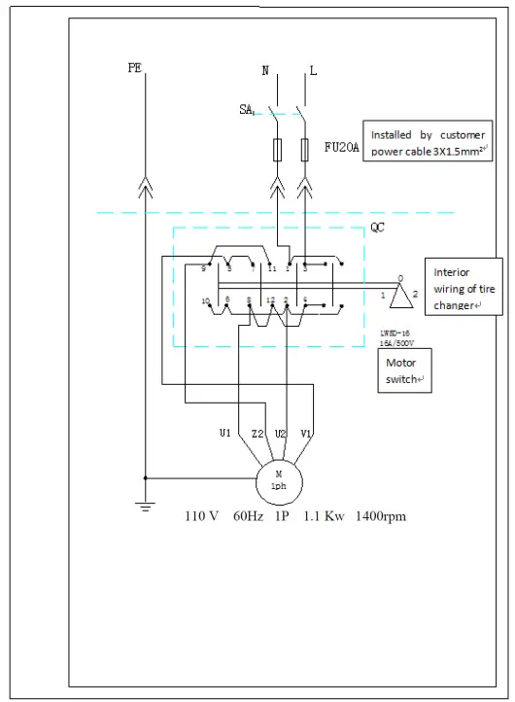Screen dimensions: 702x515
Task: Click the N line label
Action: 266,71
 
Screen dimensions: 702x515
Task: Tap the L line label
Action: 313,71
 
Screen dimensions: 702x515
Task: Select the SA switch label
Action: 246,110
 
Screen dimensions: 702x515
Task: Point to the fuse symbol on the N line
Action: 279,149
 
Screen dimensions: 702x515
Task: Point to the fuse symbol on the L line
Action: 307,149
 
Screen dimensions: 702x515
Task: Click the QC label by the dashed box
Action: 379,229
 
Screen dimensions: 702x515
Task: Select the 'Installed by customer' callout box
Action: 429,142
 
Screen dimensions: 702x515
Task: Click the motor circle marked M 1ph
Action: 280,479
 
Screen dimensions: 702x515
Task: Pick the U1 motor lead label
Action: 225,433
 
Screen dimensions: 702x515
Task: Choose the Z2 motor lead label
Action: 257,433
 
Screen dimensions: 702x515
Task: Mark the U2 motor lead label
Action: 281,433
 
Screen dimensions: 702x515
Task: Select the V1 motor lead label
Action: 305,433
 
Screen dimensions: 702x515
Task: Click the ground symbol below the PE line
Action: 145,506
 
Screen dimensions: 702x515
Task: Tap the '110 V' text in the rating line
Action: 202,516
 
